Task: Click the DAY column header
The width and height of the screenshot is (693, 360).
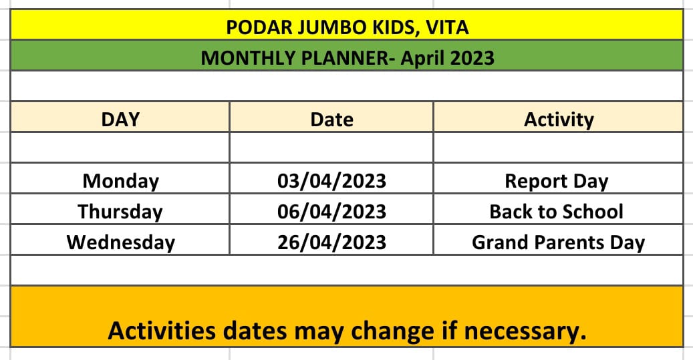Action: pos(120,120)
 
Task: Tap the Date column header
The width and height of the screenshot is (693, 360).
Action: pos(332,120)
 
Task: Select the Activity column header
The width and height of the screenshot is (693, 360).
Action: pos(559,120)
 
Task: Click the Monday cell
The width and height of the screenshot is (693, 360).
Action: pos(121,182)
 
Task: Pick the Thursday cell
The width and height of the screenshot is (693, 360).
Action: pos(120,212)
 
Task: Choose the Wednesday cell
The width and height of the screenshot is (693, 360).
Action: pos(121,242)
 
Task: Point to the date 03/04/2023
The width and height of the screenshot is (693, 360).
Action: pos(332,181)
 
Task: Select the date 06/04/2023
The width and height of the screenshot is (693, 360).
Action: pos(332,212)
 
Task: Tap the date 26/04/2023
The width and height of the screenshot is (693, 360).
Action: pos(332,242)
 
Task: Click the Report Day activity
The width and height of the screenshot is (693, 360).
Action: pos(557,182)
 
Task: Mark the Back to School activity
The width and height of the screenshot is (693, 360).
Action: pos(557,212)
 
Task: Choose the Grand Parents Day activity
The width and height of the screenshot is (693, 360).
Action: pos(559,243)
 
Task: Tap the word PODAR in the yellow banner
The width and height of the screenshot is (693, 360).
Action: pos(259,27)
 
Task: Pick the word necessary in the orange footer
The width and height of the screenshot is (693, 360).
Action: pos(525,331)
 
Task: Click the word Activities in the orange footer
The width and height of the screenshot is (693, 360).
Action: pos(162,331)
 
